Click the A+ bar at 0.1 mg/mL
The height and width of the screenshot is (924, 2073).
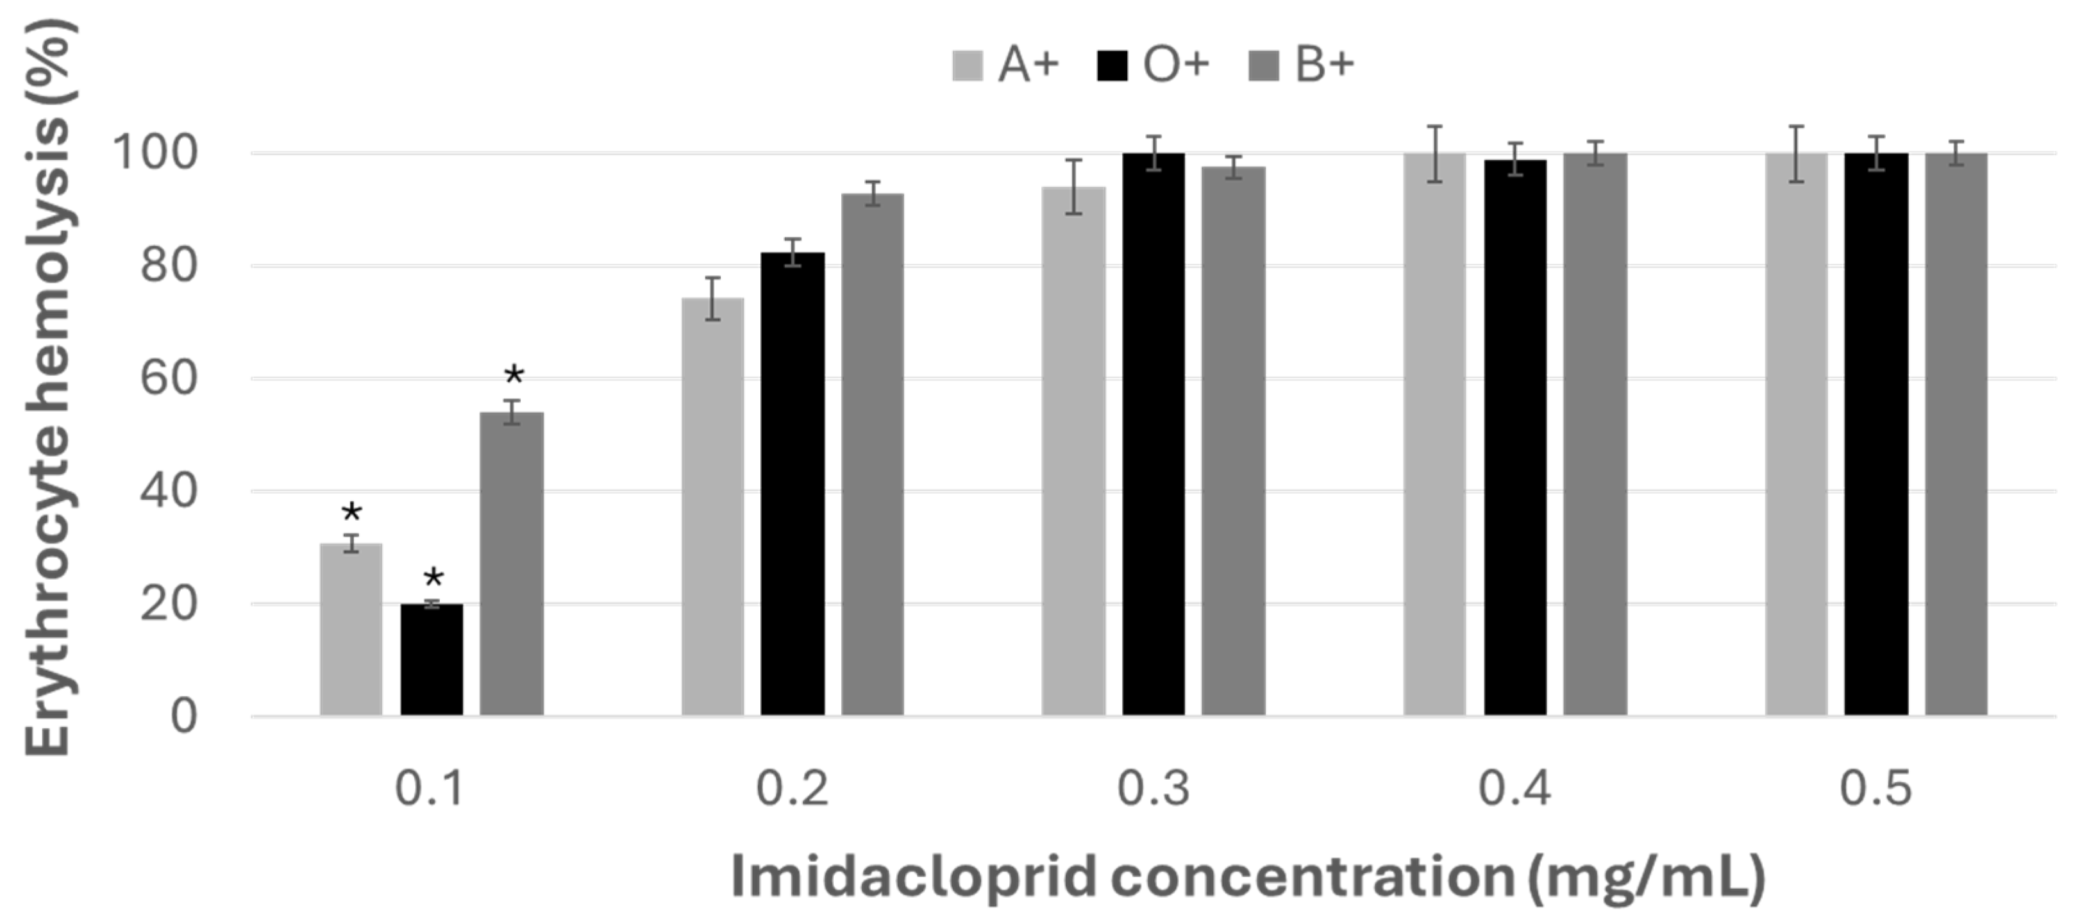(351, 630)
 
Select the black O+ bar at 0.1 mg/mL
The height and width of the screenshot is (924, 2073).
(432, 660)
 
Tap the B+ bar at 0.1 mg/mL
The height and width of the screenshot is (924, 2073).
(512, 564)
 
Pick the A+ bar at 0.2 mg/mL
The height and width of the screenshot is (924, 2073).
(713, 507)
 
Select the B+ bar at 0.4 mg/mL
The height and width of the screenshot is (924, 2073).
(1595, 435)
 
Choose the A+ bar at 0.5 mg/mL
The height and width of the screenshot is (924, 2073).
(1796, 435)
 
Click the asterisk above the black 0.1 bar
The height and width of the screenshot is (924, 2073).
(433, 577)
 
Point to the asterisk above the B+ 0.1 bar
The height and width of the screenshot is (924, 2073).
(514, 374)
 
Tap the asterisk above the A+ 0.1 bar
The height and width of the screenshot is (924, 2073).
(351, 512)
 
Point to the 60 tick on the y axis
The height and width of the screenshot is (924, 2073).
(168, 378)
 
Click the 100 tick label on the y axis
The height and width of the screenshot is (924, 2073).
(155, 153)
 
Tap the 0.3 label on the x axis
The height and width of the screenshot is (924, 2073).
(1153, 789)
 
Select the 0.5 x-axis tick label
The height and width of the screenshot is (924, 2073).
(1876, 789)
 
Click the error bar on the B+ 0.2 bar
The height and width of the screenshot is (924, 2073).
(873, 194)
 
